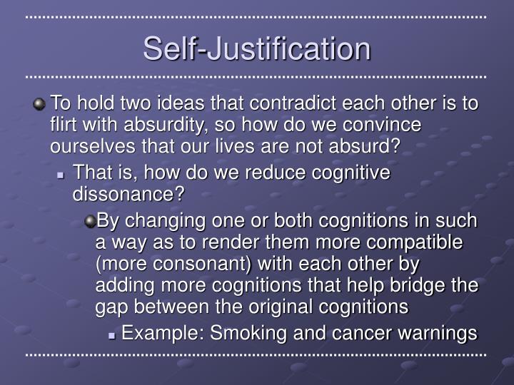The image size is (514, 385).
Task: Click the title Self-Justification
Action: (x=257, y=48)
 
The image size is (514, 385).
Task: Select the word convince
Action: (x=381, y=125)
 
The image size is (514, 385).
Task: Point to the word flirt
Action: (x=64, y=125)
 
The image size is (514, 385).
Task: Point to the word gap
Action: (x=111, y=307)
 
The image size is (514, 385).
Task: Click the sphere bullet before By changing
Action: (x=90, y=222)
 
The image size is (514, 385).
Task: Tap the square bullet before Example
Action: (x=114, y=334)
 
